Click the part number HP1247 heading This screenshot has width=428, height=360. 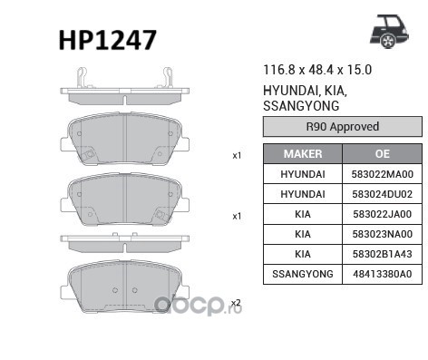click(108, 40)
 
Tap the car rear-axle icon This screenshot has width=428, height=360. click(389, 32)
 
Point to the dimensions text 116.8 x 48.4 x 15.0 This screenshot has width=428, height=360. click(317, 70)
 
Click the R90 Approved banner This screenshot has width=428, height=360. click(343, 126)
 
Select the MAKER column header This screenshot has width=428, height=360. click(303, 154)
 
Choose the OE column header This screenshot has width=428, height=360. click(382, 154)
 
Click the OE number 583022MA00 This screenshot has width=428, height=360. click(383, 174)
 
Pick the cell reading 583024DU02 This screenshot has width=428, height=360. click(383, 194)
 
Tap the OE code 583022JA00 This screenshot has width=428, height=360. click(383, 214)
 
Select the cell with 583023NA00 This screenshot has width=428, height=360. click(383, 234)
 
